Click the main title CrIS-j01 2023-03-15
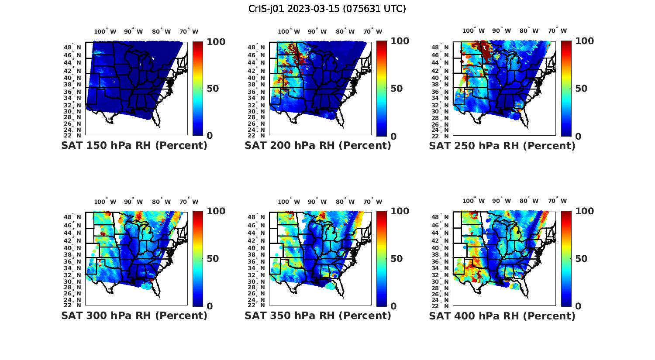[327, 9]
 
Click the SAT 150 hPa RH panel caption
[134, 146]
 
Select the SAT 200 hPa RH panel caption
[318, 146]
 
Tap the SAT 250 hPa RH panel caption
[502, 146]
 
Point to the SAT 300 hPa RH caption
[134, 315]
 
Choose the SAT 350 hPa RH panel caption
[318, 315]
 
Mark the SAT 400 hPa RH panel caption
[502, 315]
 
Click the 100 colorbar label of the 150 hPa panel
[216, 42]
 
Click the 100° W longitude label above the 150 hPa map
[105, 31]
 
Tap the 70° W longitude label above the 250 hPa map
[558, 31]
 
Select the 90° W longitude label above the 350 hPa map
[317, 202]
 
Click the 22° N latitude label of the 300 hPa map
[72, 305]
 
